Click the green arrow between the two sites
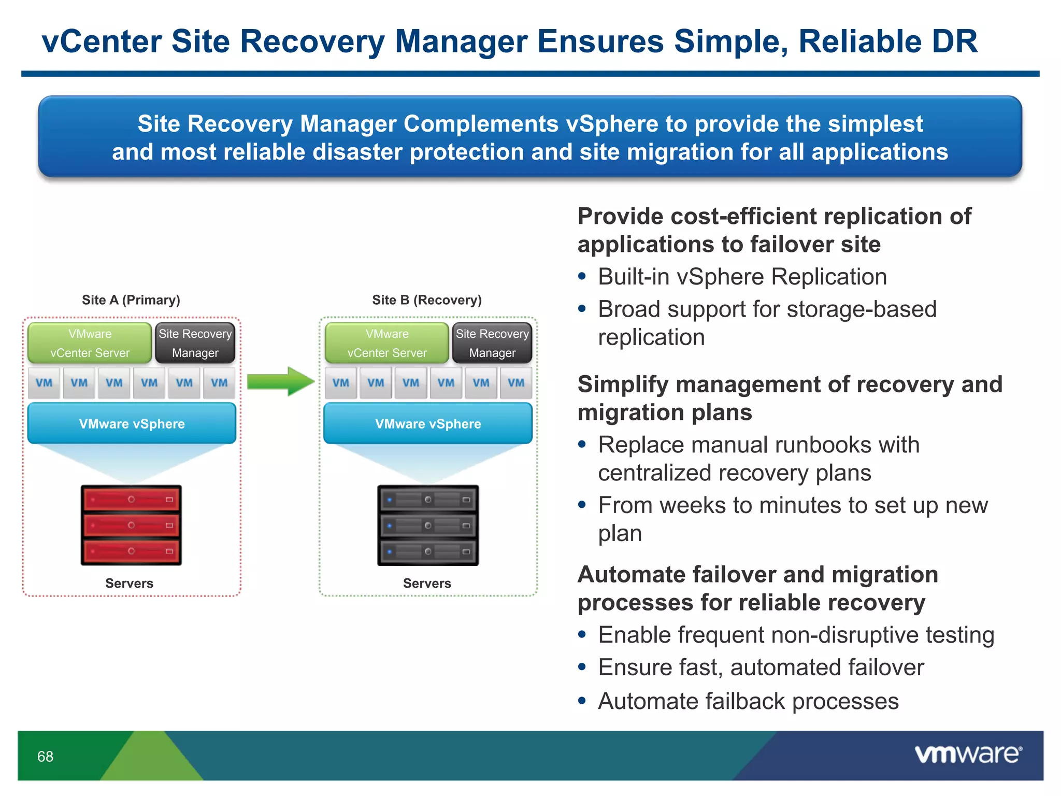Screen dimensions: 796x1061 pyautogui.click(x=280, y=382)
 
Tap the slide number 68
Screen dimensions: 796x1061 pyautogui.click(x=45, y=757)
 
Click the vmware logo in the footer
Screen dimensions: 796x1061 pyautogui.click(x=968, y=754)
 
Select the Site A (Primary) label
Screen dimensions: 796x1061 pyautogui.click(x=131, y=300)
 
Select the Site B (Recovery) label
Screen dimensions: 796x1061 pyautogui.click(x=426, y=300)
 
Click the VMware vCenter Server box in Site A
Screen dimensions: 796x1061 pyautogui.click(x=90, y=343)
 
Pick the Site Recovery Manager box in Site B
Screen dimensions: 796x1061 pyautogui.click(x=492, y=343)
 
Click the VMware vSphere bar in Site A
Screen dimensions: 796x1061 pyautogui.click(x=132, y=423)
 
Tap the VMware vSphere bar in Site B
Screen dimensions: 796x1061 pyautogui.click(x=428, y=423)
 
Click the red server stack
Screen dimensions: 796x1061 pyautogui.click(x=131, y=525)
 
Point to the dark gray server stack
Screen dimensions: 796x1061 pyautogui.click(x=428, y=525)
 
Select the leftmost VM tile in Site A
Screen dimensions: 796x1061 pyautogui.click(x=44, y=383)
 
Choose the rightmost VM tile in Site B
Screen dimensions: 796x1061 pyautogui.click(x=516, y=383)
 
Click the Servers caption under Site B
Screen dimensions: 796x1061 pyautogui.click(x=427, y=584)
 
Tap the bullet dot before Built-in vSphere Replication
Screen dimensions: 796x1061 pyautogui.click(x=582, y=277)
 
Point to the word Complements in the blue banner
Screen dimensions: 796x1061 pyautogui.click(x=481, y=124)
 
